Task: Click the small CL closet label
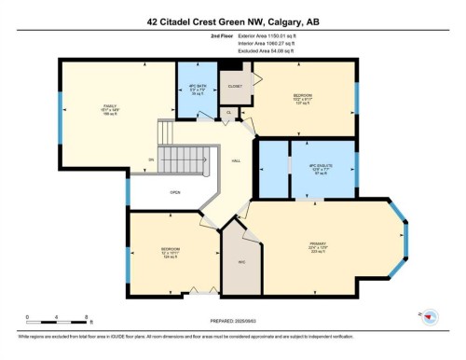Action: [x=228, y=113]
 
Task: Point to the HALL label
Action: [x=238, y=159]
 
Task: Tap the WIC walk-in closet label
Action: [x=241, y=262]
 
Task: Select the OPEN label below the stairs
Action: [x=174, y=193]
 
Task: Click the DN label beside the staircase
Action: [x=151, y=159]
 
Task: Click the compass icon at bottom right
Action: [x=430, y=317]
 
